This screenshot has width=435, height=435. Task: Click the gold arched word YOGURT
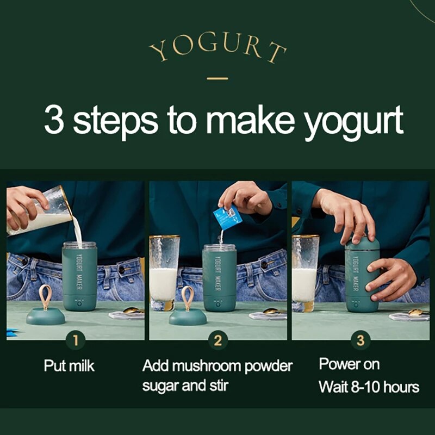point(217,49)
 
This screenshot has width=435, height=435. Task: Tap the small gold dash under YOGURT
point(217,78)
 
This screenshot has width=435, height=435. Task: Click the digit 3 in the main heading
point(54,120)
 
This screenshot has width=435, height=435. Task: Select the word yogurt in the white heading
point(353,122)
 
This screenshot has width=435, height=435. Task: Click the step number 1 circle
point(76,341)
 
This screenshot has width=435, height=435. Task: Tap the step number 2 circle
point(218,341)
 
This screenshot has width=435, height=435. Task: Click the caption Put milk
point(69,366)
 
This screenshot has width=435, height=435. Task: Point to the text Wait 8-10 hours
point(369,387)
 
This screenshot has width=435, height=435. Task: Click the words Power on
point(349,364)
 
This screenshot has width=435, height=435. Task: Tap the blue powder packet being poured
point(227,216)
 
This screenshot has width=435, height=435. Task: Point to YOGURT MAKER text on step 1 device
point(79,272)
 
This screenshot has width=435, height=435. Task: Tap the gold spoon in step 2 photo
point(270,311)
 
